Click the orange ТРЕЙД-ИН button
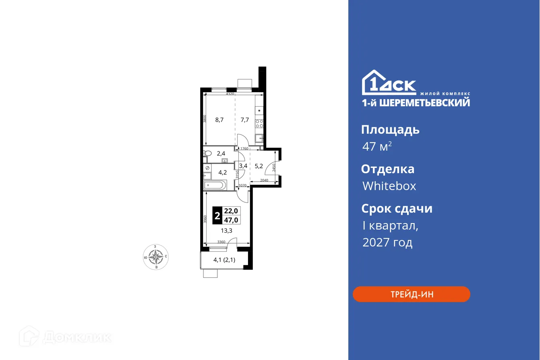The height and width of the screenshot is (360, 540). [411, 294]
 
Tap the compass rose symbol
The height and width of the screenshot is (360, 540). [155, 256]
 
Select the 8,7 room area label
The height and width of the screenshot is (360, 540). [219, 120]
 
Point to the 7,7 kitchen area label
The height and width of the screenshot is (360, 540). [245, 120]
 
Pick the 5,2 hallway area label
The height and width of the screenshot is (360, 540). [259, 166]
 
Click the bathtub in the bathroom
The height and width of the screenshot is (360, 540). [215, 186]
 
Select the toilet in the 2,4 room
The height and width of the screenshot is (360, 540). [207, 153]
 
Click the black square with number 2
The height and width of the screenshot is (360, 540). [217, 215]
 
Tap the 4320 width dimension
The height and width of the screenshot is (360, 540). [230, 94]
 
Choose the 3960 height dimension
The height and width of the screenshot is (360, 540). [205, 219]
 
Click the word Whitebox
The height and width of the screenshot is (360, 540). [389, 186]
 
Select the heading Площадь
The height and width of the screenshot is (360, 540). [390, 130]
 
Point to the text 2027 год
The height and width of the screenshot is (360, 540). [387, 242]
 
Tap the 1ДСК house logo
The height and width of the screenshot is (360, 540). [389, 83]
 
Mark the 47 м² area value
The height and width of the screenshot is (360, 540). [377, 147]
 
